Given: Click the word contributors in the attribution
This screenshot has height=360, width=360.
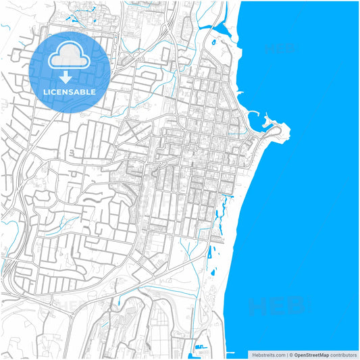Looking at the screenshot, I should pos(344,355).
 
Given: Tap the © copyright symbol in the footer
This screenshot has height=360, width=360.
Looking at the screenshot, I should pos(290,355).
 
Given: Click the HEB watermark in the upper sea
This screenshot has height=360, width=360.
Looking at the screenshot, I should pos(280,49).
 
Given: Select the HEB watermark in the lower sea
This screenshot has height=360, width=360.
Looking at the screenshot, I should pos(277,307).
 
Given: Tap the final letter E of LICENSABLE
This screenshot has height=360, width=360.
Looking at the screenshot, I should pos(93,92).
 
